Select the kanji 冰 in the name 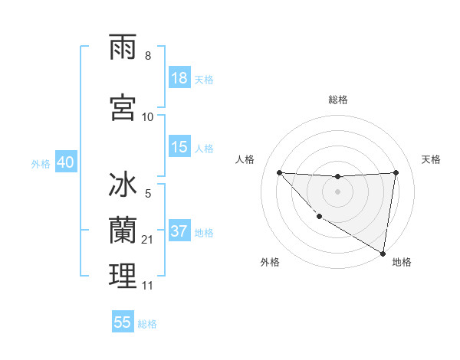[x=123, y=187]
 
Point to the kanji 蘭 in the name [x=123, y=231]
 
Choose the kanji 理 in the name [x=123, y=277]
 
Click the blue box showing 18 [x=179, y=79]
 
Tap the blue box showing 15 [x=179, y=147]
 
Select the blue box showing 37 [x=179, y=232]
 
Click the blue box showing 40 [x=65, y=162]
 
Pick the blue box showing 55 [x=123, y=322]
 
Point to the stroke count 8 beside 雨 [x=148, y=56]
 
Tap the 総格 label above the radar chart [x=338, y=100]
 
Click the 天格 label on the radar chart [x=432, y=159]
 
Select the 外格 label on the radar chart [x=269, y=262]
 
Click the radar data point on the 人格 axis [x=279, y=172]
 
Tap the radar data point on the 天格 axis [x=396, y=172]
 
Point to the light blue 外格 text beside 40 [x=41, y=163]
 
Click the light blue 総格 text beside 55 [x=147, y=324]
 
